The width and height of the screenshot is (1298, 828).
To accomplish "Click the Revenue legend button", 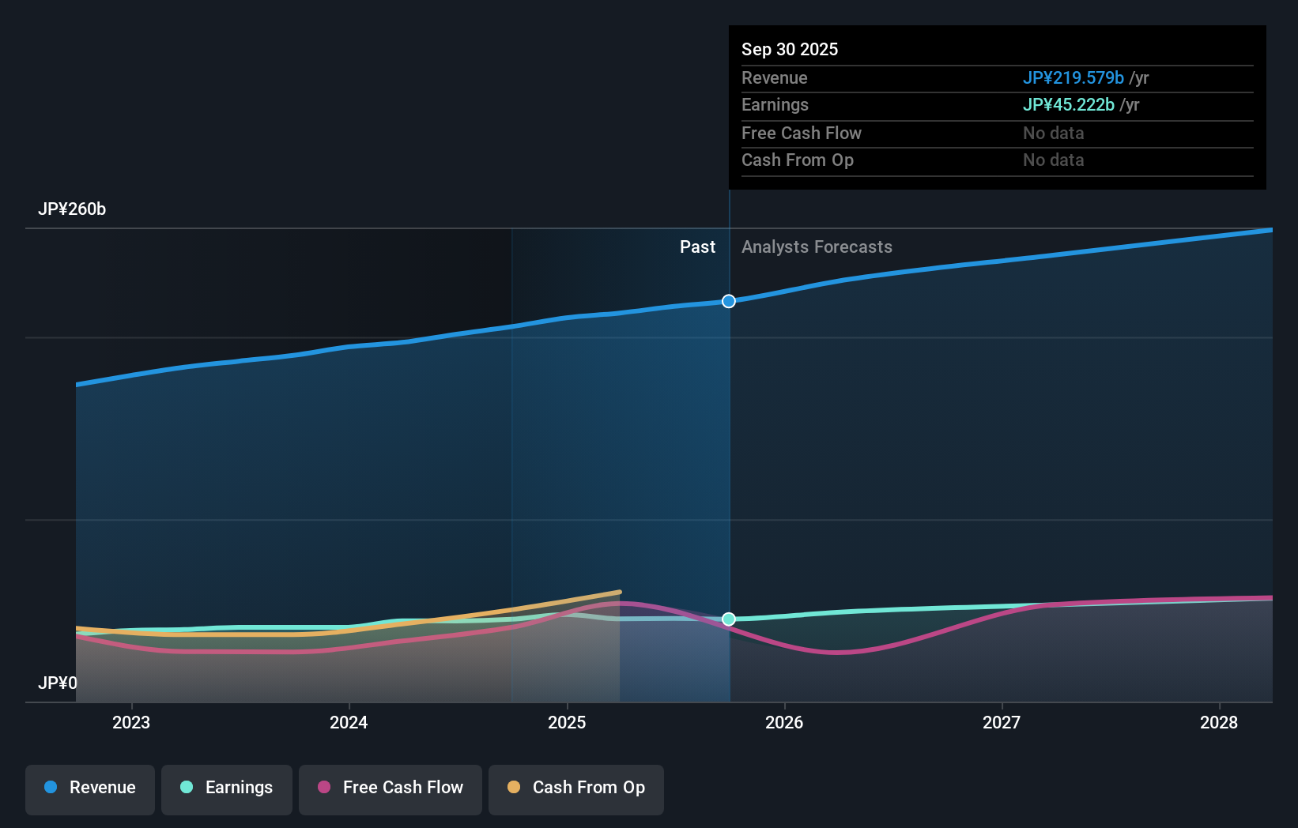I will click(x=90, y=788).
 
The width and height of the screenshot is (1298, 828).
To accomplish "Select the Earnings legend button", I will click(x=227, y=788).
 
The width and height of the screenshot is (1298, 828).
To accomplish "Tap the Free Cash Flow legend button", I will click(x=391, y=788).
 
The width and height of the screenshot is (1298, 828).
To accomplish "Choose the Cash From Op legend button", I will click(x=576, y=788).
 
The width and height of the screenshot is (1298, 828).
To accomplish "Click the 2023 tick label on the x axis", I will click(x=131, y=722).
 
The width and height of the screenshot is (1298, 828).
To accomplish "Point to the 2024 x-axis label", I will click(x=349, y=722).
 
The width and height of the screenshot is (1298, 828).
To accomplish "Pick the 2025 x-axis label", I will click(x=567, y=722).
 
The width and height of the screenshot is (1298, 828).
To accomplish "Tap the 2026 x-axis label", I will click(x=784, y=722).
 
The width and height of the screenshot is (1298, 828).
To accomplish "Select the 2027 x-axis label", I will click(x=1002, y=722).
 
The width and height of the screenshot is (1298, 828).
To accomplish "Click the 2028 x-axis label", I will click(x=1219, y=722).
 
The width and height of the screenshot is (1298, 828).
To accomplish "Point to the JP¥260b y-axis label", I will click(x=72, y=209).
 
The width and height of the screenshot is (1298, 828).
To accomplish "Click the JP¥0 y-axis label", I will click(x=58, y=683).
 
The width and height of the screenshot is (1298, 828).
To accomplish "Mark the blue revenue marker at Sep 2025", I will click(x=729, y=301).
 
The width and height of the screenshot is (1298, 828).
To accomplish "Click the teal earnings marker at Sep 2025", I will click(x=729, y=619).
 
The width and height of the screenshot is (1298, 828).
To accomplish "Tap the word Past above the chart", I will click(x=697, y=247).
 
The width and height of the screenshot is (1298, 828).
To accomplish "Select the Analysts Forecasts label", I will click(x=817, y=247).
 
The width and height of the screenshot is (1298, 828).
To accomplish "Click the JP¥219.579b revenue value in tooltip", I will click(x=1073, y=78).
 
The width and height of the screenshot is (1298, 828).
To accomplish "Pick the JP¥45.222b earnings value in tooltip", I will click(x=1068, y=105).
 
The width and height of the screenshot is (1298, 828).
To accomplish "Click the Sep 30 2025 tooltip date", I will click(x=790, y=50).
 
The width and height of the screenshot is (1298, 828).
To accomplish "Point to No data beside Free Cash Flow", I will click(x=1053, y=134).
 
